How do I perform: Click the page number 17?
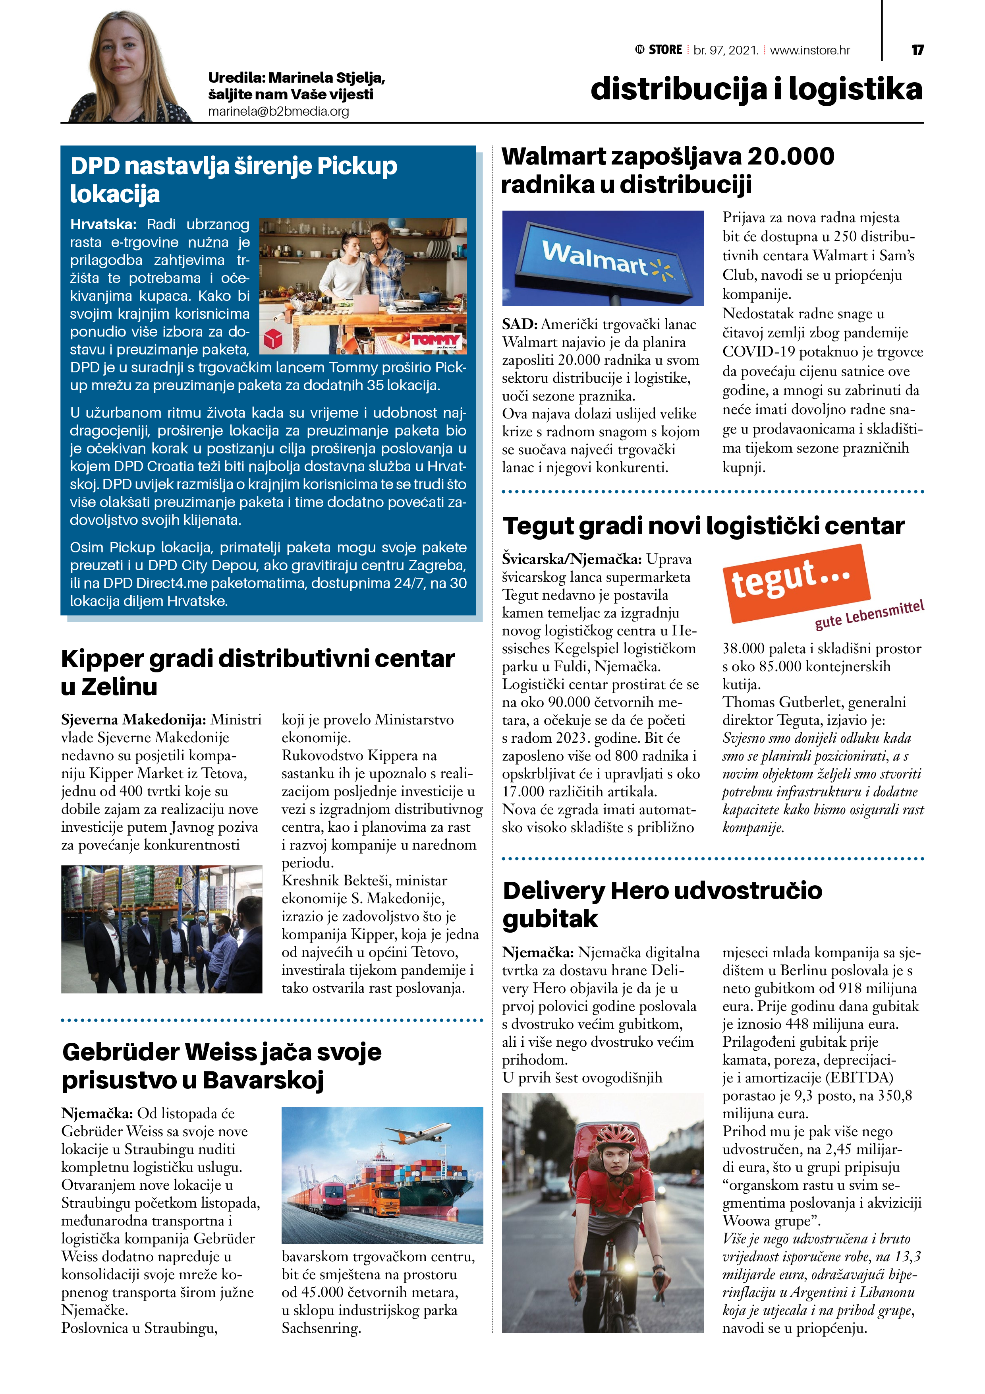pos(917,50)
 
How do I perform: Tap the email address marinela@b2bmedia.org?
pos(278,112)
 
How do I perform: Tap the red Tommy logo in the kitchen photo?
pos(436,341)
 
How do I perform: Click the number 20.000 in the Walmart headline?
pos(790,157)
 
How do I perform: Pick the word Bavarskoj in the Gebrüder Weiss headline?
pos(263,1080)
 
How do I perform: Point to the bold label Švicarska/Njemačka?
pos(571,559)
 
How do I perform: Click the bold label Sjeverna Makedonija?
pos(133,720)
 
